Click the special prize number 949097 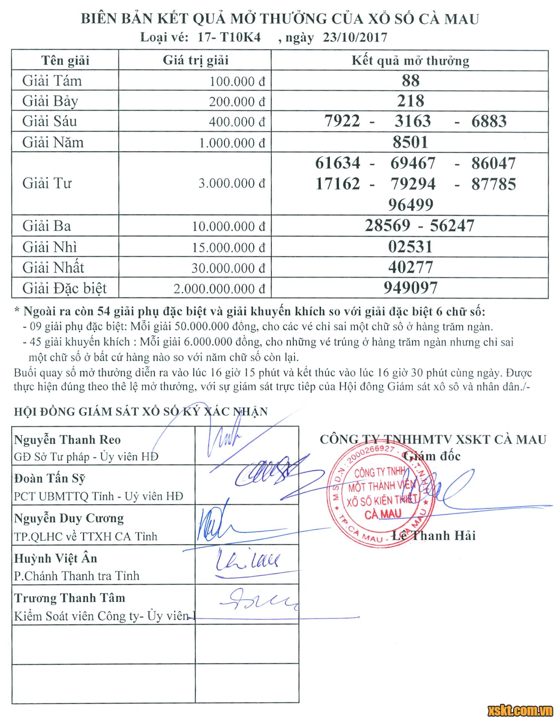point(410,288)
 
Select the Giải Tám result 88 point(410,81)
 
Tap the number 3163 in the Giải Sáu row point(413,121)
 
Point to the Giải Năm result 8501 point(410,142)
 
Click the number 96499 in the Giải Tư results point(411,205)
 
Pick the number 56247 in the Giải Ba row point(452,226)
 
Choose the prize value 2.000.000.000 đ point(219,289)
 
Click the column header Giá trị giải point(195,61)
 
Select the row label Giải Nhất point(53,268)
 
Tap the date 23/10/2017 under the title point(355,38)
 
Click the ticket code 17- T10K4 point(229,38)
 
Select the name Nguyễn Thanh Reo point(67,440)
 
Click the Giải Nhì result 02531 point(410,247)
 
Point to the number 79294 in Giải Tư point(413,184)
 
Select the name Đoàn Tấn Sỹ point(50,478)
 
